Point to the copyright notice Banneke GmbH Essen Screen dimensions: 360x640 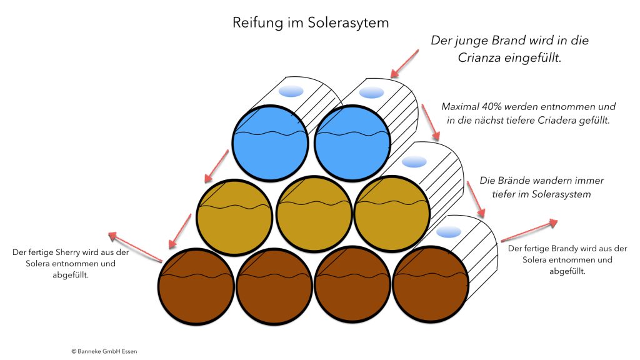pos(104,351)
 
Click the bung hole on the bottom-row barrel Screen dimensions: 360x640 pos(449,232)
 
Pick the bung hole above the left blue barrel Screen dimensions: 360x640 pos(291,92)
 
